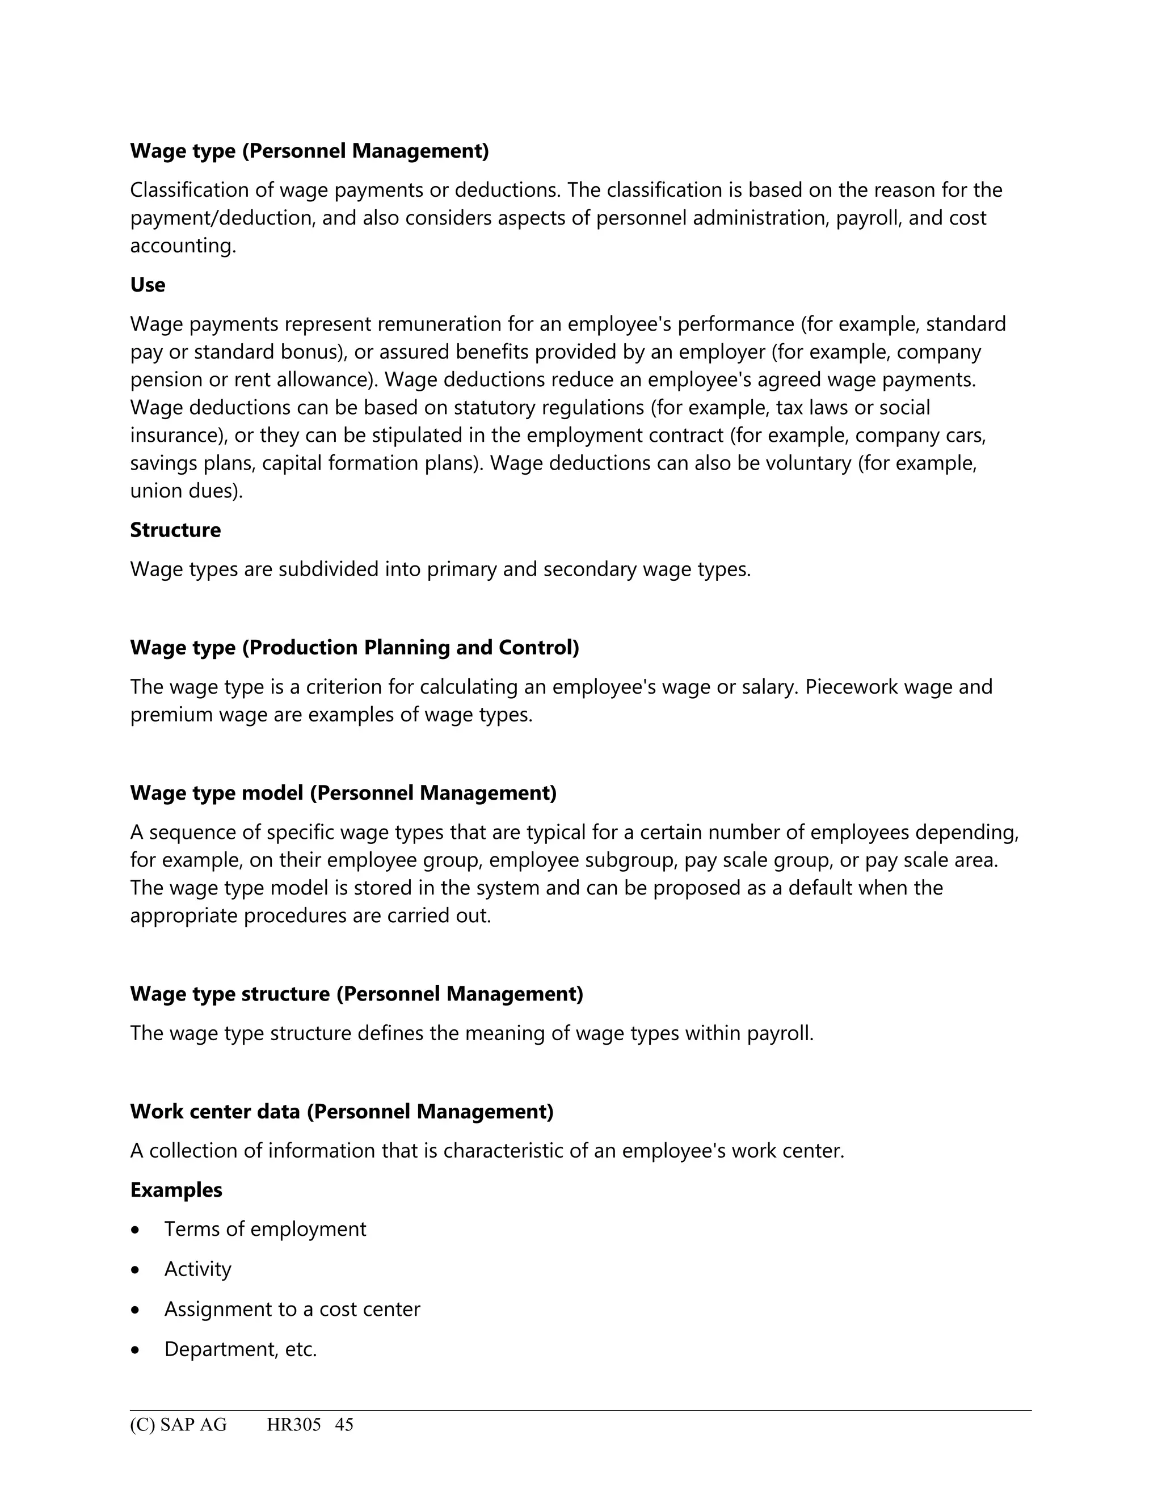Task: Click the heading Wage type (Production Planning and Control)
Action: coord(355,648)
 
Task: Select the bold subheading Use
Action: coord(148,285)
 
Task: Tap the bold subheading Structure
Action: coord(175,530)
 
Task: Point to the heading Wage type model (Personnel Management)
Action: coord(343,793)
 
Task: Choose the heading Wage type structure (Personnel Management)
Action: coord(356,994)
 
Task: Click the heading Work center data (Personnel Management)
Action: coord(342,1112)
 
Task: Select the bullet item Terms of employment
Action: coord(265,1229)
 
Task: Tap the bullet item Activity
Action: coord(197,1269)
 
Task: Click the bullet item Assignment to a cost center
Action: coord(292,1309)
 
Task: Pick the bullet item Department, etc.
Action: coord(240,1349)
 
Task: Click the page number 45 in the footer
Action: coord(344,1425)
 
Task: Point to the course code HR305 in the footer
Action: coord(294,1425)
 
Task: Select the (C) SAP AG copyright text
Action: coord(178,1425)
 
